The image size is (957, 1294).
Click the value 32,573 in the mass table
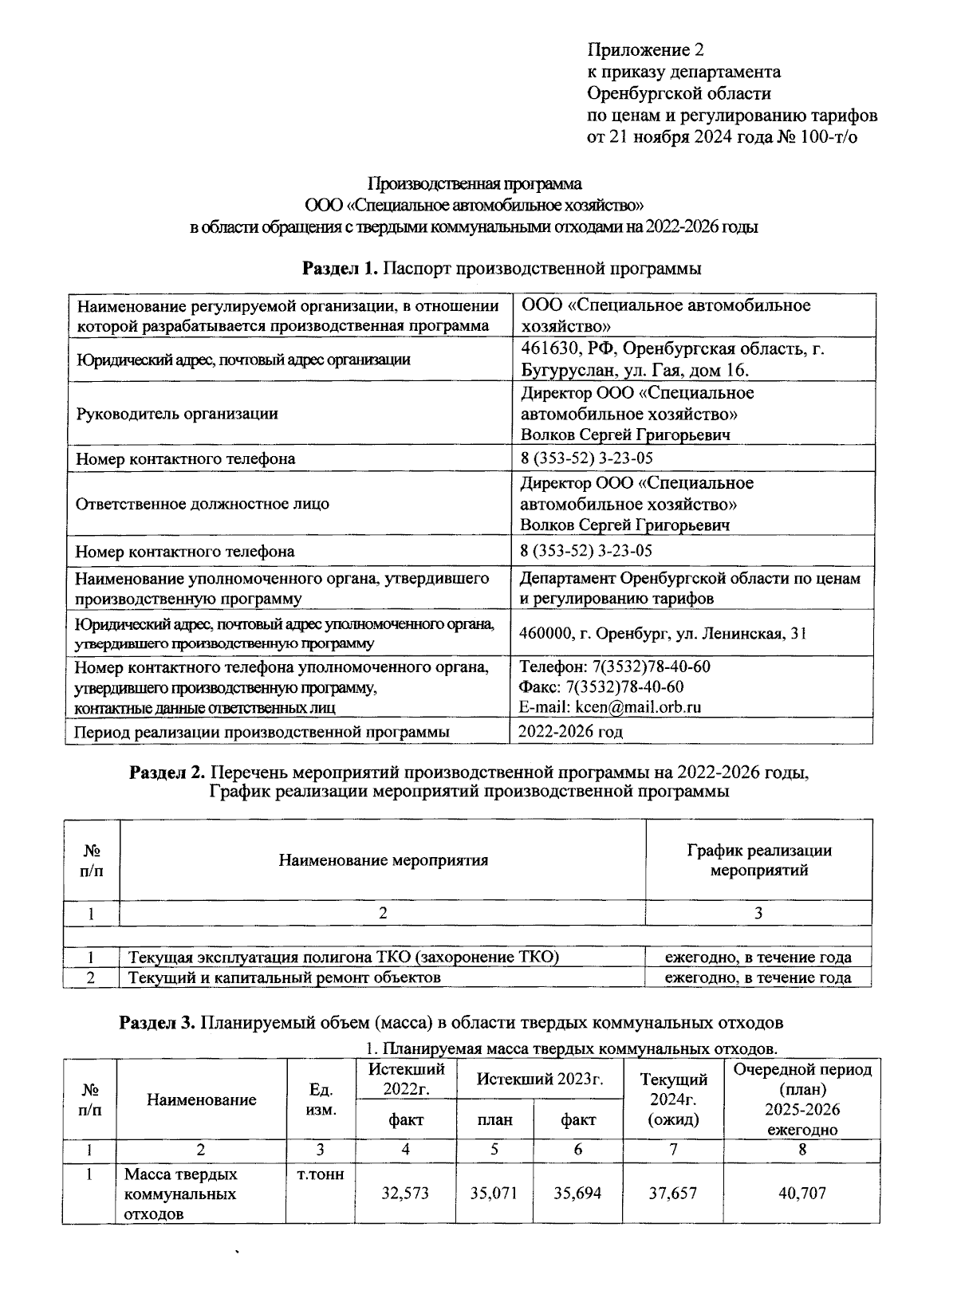click(405, 1194)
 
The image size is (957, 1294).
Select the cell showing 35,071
click(494, 1194)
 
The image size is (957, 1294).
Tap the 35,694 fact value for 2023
click(578, 1194)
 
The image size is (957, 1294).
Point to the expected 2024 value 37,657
click(673, 1194)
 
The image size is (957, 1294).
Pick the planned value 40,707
click(802, 1194)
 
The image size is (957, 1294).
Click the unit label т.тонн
click(320, 1175)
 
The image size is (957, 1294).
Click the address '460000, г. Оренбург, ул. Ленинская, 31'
click(663, 634)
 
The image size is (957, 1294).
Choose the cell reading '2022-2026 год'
click(571, 731)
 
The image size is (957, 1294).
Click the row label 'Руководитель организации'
click(177, 414)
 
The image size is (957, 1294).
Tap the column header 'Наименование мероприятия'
click(383, 860)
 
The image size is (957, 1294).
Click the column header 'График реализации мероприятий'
click(758, 860)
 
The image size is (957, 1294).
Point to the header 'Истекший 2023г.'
click(539, 1080)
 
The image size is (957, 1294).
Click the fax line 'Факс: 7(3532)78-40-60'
click(601, 687)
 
